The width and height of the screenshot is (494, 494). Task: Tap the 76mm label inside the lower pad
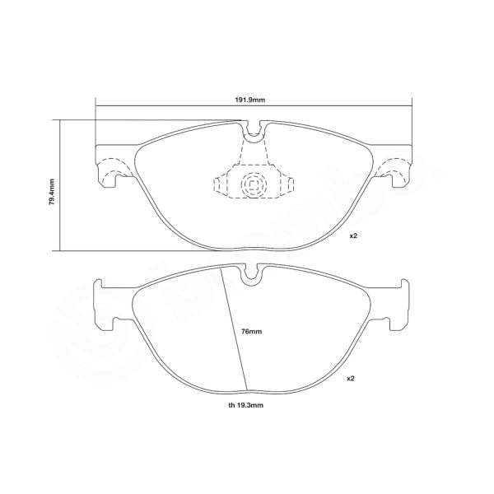[251, 331]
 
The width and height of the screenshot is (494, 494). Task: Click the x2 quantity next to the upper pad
[353, 236]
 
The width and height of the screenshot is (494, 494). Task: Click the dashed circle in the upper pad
[253, 185]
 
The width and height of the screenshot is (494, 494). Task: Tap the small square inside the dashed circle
[253, 185]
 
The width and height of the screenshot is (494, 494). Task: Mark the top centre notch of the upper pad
[254, 129]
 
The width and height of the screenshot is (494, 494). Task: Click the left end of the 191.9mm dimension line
[97, 105]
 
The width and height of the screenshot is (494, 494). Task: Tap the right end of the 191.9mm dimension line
[410, 105]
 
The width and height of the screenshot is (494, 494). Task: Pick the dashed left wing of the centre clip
[222, 184]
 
